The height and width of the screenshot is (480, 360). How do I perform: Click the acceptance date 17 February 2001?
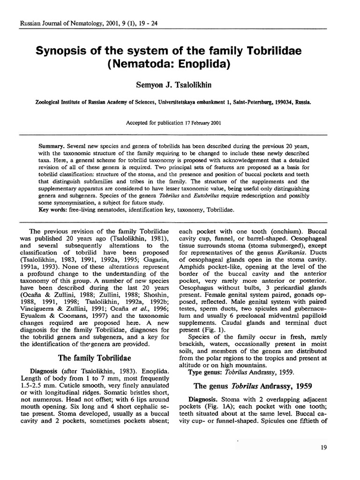(195, 123)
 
